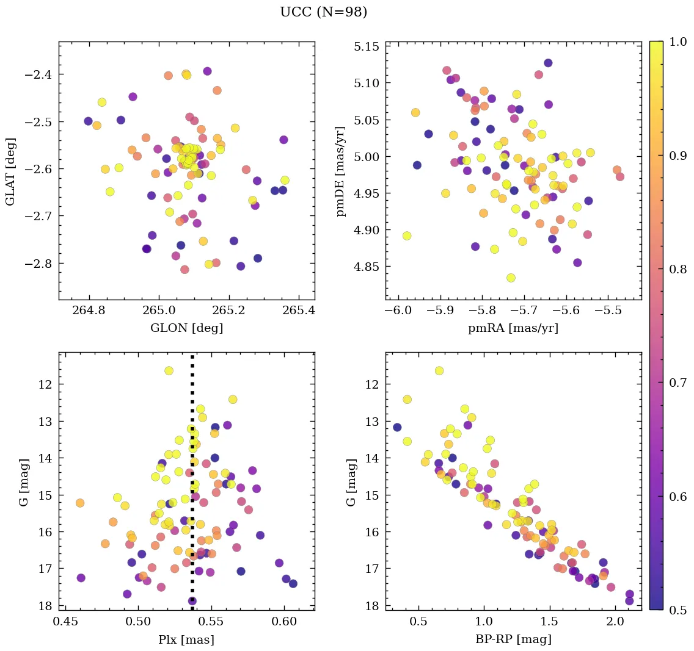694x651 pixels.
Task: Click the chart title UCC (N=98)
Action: point(323,12)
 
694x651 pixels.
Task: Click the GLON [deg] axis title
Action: point(186,328)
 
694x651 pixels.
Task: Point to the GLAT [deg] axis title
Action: point(11,171)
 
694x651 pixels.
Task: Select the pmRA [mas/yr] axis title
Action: point(513,328)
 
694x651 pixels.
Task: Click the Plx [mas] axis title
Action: point(186,639)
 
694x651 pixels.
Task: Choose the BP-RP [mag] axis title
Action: point(513,639)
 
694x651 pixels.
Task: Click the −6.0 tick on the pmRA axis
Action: point(398,311)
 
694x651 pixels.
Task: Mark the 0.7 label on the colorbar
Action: point(675,383)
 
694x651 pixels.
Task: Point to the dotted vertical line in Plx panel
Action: point(192,488)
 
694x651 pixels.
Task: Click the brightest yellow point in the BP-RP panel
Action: point(439,370)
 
